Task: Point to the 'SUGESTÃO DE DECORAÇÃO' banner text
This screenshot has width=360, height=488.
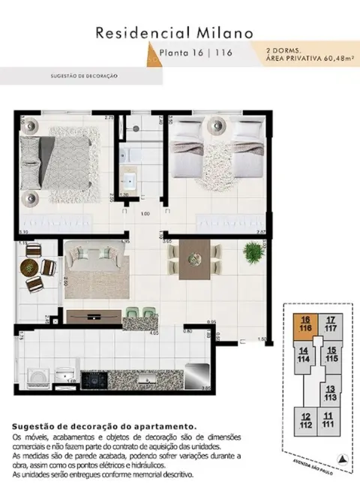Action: point(83,76)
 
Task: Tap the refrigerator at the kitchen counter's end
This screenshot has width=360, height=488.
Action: point(196,375)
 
